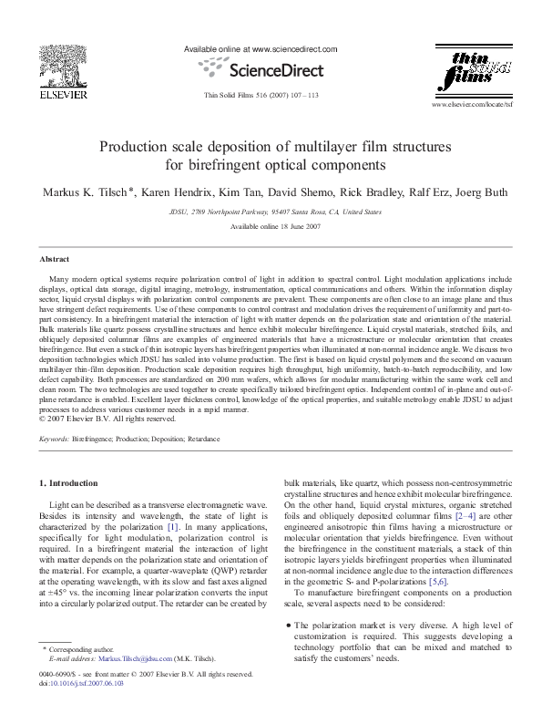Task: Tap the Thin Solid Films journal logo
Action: coord(475,73)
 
